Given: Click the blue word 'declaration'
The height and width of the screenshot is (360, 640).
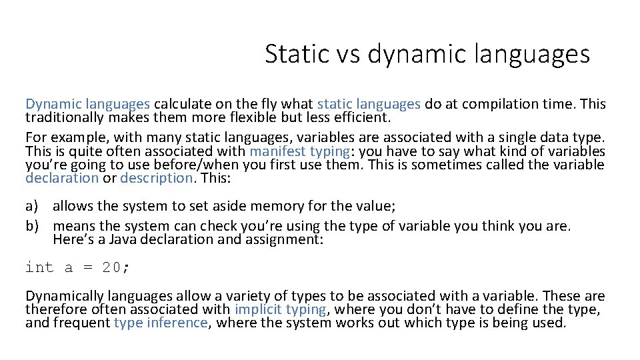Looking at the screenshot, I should (62, 177).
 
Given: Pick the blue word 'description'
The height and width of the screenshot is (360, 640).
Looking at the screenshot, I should (157, 177).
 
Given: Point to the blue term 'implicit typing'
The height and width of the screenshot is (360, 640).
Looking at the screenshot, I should (281, 309).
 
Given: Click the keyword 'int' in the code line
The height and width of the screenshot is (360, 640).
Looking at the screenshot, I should (39, 267).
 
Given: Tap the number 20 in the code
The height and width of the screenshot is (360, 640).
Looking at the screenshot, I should (111, 267).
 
